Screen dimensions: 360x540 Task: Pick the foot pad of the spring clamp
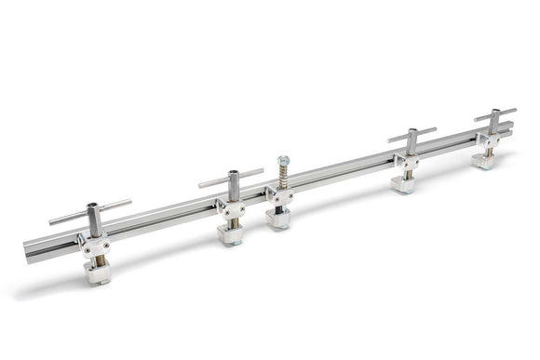point(278,220)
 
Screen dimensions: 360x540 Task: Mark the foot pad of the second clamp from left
point(232,234)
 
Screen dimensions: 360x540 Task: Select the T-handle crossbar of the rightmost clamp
point(494,114)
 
